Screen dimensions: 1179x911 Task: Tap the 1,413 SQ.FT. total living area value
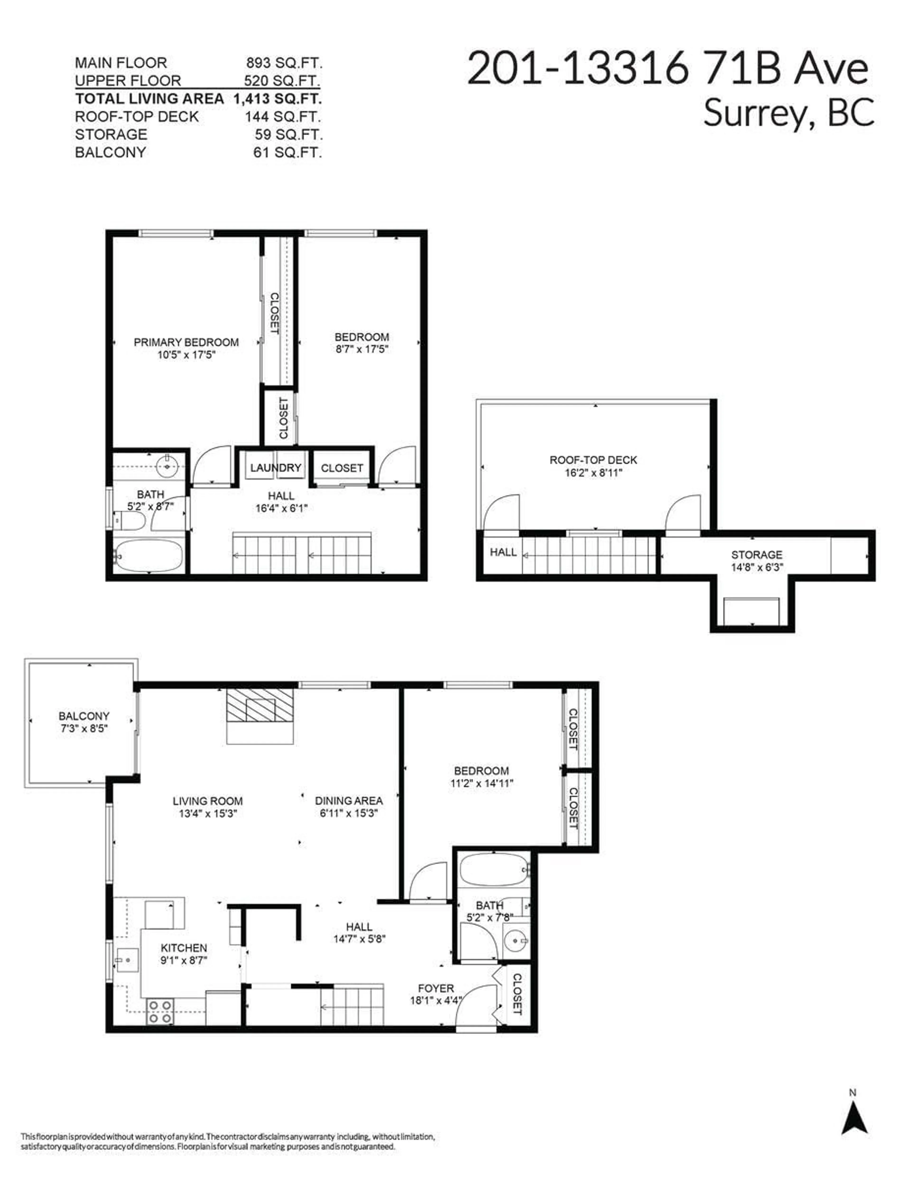[x=277, y=99]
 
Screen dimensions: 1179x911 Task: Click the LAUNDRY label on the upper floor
[x=275, y=467]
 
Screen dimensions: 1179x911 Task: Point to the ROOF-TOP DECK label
[x=593, y=460]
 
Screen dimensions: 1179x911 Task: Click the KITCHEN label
[x=184, y=948]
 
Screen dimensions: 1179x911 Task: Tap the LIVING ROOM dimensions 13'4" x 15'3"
[x=208, y=814]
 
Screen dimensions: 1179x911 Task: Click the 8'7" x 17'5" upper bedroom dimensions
[x=361, y=349]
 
